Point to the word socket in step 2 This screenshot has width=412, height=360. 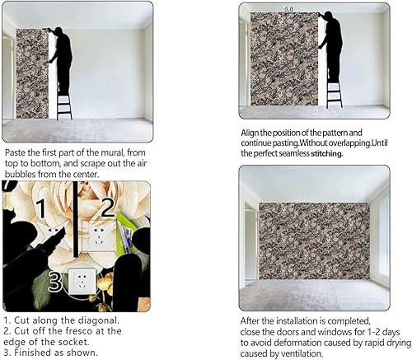click(x=40, y=342)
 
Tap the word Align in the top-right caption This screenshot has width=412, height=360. click(x=251, y=133)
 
